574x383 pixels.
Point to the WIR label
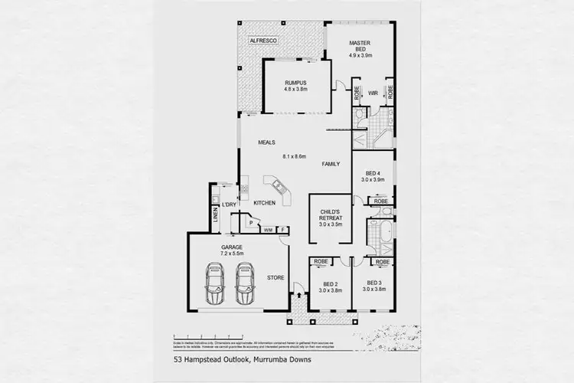click(x=373, y=93)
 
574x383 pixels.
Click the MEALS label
click(x=266, y=142)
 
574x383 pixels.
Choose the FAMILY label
click(x=331, y=164)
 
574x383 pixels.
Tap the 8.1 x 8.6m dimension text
click(x=294, y=156)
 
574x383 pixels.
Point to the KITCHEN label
click(x=264, y=203)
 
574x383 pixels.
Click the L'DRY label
click(x=229, y=204)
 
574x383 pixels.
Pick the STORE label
click(x=275, y=277)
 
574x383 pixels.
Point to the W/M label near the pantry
click(x=268, y=229)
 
